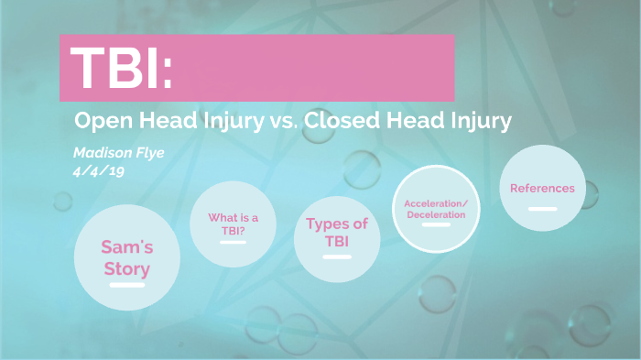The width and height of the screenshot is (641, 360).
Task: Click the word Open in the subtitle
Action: pos(99,121)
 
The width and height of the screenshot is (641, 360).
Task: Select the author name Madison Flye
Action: pos(119,152)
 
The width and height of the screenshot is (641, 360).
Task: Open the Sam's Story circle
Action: pos(125,256)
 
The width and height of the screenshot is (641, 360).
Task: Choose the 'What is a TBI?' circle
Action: pos(234,224)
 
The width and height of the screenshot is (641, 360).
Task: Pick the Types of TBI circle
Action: pos(337,232)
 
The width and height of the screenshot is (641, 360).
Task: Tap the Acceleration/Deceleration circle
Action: pos(436,209)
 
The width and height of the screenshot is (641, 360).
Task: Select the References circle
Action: pos(542,189)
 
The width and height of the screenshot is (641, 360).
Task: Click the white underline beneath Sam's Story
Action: pos(126,286)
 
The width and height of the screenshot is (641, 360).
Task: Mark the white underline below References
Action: pos(542,209)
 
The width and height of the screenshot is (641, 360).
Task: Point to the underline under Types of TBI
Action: pos(337,256)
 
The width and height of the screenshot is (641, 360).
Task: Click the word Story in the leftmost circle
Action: pos(126,268)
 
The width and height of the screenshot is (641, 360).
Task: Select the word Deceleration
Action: pos(436,214)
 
